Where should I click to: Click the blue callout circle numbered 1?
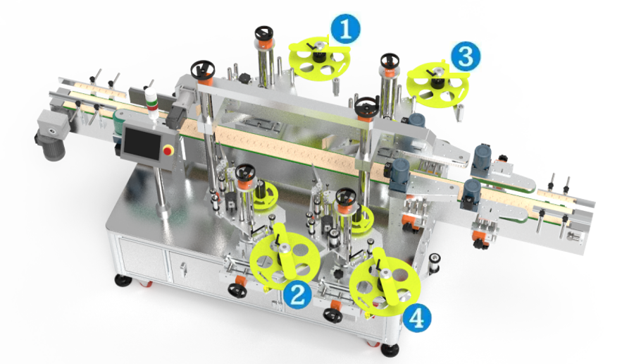click(345, 29)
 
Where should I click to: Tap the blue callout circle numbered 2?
click(297, 294)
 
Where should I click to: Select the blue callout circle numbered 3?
click(466, 56)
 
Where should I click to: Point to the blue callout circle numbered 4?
click(417, 317)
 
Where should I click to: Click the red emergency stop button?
click(167, 151)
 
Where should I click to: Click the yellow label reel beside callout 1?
click(319, 59)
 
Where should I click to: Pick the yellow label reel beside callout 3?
click(438, 84)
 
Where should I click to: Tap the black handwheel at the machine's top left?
click(203, 68)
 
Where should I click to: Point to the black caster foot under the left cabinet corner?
click(123, 280)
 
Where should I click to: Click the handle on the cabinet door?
click(183, 269)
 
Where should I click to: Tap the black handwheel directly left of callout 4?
click(332, 316)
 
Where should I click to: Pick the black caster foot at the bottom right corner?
click(390, 350)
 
